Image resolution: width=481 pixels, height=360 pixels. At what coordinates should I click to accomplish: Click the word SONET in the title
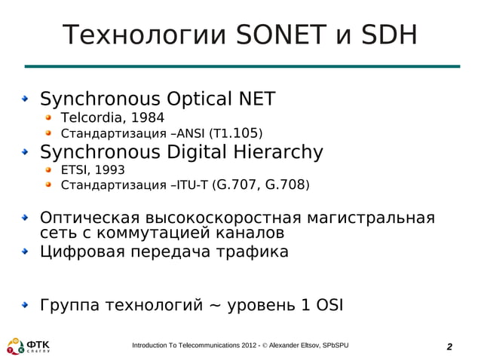pos(279,35)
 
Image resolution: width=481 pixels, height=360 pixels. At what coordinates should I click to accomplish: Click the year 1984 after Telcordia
pos(143,117)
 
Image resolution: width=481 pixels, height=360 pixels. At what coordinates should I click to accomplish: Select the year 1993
pos(109,170)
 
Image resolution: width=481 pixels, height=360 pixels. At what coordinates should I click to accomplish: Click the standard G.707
pos(237,185)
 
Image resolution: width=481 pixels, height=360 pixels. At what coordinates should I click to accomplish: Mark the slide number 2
pos(449,346)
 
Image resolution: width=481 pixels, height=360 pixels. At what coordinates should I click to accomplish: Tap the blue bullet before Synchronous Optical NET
pos(26,99)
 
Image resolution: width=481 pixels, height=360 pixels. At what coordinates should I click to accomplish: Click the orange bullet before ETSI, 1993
pos(49,170)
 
